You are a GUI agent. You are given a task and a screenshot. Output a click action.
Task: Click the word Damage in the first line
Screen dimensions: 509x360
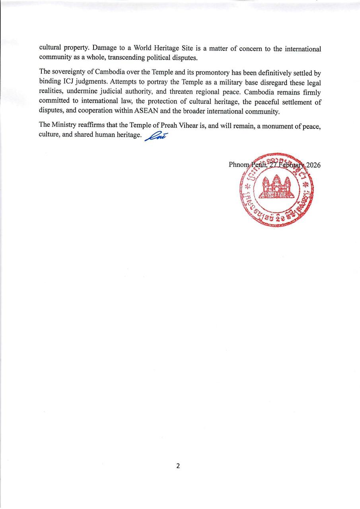pyautogui.click(x=104, y=49)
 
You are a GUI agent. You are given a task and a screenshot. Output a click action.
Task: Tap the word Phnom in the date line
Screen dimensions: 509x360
pyautogui.click(x=238, y=165)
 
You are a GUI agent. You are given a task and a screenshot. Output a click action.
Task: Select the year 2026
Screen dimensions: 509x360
pyautogui.click(x=313, y=165)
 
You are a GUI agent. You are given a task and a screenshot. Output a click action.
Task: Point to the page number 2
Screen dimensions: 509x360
pyautogui.click(x=178, y=466)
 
